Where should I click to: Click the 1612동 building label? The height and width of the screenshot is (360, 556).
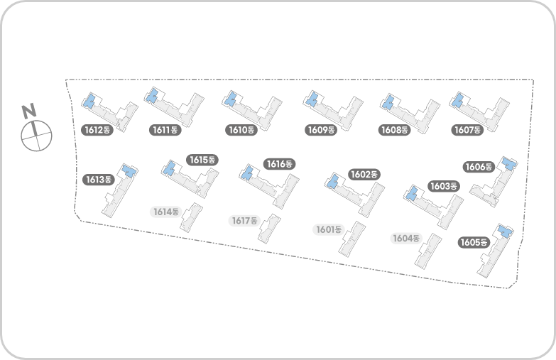97,130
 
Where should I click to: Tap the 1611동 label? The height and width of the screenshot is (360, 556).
166,130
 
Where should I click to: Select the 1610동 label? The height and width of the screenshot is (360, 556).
241,130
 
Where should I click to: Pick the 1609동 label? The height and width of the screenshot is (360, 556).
320,130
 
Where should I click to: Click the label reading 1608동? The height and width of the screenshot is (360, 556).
395,130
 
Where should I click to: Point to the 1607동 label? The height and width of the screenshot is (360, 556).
467,130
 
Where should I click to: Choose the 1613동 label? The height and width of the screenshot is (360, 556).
99,180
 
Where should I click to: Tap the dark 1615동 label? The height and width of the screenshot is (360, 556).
202,160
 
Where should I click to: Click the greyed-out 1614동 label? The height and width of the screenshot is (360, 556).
166,212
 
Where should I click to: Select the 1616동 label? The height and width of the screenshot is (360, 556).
280,164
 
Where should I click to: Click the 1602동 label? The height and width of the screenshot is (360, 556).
364,174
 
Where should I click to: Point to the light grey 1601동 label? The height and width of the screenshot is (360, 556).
329,229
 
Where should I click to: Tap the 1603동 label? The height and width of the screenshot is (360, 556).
444,186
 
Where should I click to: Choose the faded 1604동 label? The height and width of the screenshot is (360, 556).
407,238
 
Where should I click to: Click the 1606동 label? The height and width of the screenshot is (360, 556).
479,167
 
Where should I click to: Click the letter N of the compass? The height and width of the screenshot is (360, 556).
29,111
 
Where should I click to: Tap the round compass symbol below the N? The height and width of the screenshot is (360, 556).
37,135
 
